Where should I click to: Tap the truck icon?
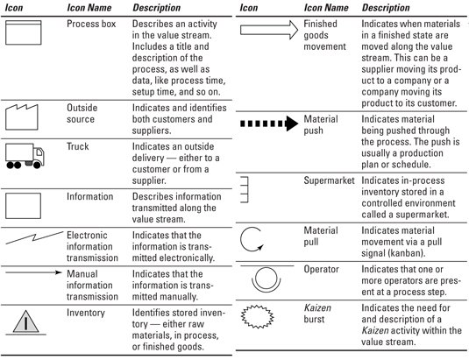pos(25,156)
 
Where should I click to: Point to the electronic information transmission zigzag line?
pos(34,237)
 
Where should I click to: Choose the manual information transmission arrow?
pos(33,272)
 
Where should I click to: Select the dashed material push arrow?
pos(269,124)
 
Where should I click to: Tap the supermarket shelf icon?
pos(248,190)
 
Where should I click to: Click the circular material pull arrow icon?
pos(241,240)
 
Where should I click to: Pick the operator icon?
pos(266,279)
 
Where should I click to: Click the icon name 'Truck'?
pos(78,146)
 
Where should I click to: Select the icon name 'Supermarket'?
pos(329,180)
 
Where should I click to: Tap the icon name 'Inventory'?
pos(86,313)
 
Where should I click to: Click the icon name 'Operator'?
pos(321,269)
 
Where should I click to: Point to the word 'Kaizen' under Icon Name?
pos(317,307)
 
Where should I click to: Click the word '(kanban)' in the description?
pos(407,253)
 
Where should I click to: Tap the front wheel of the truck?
pos(37,165)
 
